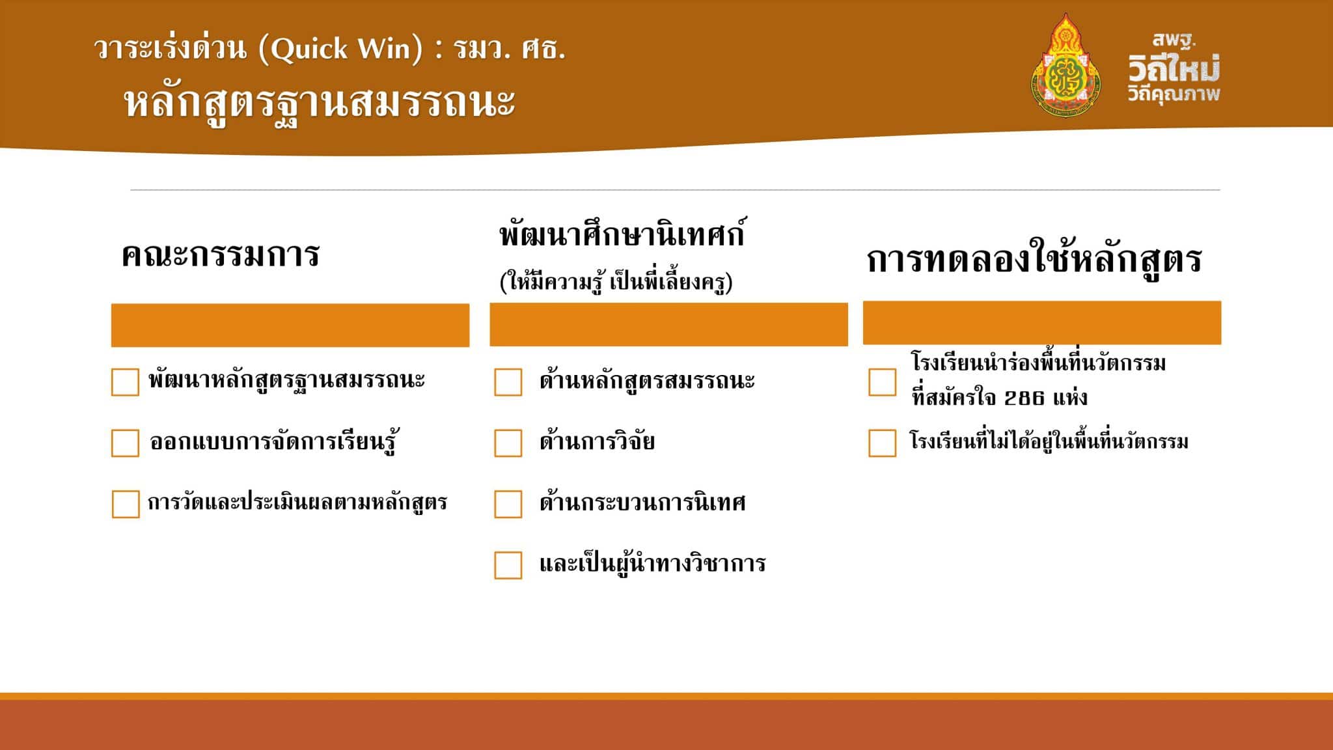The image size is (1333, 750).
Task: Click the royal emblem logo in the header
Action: point(1065,65)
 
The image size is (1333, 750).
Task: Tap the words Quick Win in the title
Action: point(340,49)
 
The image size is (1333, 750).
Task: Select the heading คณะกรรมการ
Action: point(221,255)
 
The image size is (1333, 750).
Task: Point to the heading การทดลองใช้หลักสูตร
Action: point(1034,260)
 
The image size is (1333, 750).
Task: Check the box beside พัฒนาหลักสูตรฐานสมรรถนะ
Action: point(125,382)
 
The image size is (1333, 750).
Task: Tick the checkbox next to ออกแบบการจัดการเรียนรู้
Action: point(125,443)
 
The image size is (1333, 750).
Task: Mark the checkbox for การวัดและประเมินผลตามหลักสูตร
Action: point(126,504)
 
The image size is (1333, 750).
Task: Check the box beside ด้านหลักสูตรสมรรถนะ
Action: point(508,382)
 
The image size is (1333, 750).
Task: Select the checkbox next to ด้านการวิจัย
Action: point(508,443)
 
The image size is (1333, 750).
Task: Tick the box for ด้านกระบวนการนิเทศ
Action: point(508,504)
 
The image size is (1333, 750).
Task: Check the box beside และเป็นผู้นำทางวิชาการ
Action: point(508,565)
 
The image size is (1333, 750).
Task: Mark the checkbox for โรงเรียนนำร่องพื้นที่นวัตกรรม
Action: point(882,382)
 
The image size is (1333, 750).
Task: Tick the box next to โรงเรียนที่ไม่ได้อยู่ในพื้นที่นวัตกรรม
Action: point(882,443)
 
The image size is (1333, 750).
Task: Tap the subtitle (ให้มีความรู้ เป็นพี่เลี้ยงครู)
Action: point(616,282)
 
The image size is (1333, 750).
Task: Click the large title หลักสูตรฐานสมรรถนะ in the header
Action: point(320,103)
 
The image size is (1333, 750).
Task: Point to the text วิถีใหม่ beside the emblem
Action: point(1174,68)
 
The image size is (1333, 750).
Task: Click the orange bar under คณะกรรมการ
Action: point(290,325)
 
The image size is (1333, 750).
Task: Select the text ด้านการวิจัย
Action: point(597,441)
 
